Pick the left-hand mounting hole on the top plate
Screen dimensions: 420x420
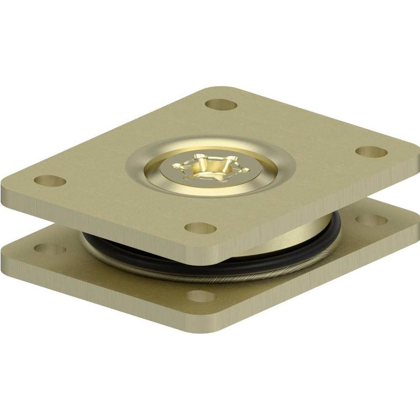[50, 181]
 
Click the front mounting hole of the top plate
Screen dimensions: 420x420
[201, 228]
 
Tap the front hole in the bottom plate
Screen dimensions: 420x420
[201, 296]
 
